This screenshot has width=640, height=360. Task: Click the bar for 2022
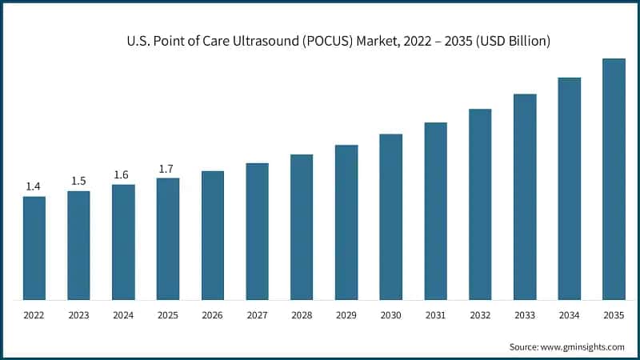[x=34, y=248]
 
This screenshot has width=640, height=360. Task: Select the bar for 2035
[x=614, y=179]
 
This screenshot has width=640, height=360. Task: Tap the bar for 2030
[x=390, y=217]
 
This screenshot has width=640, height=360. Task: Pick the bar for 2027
[x=257, y=231]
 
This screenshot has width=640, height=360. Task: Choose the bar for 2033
[x=525, y=197]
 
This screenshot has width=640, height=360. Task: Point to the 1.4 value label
[x=34, y=186]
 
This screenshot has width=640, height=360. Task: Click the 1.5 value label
[x=78, y=181]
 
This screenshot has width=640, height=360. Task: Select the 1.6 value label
[x=123, y=174]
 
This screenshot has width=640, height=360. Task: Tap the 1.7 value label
[x=167, y=168]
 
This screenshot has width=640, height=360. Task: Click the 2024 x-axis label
[x=123, y=315]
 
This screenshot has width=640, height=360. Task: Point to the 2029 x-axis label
[x=346, y=315]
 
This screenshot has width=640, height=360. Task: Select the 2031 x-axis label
[x=435, y=315]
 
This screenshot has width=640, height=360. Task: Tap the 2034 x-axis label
[x=569, y=315]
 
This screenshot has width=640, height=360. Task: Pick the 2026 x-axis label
[x=212, y=315]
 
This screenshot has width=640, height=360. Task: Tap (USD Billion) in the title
[x=512, y=40]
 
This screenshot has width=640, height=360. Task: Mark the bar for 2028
[x=302, y=227]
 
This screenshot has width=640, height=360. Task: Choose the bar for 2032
[x=480, y=204]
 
